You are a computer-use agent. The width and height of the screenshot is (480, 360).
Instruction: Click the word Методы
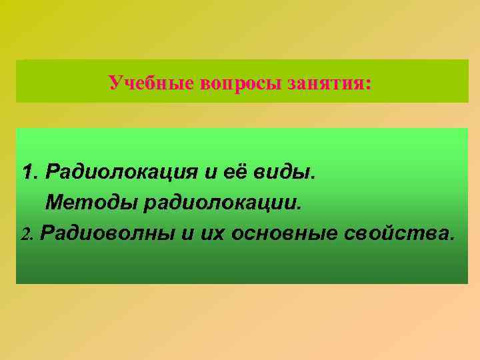[x=91, y=202]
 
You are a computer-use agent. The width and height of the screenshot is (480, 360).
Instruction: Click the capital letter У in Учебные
[x=115, y=83]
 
